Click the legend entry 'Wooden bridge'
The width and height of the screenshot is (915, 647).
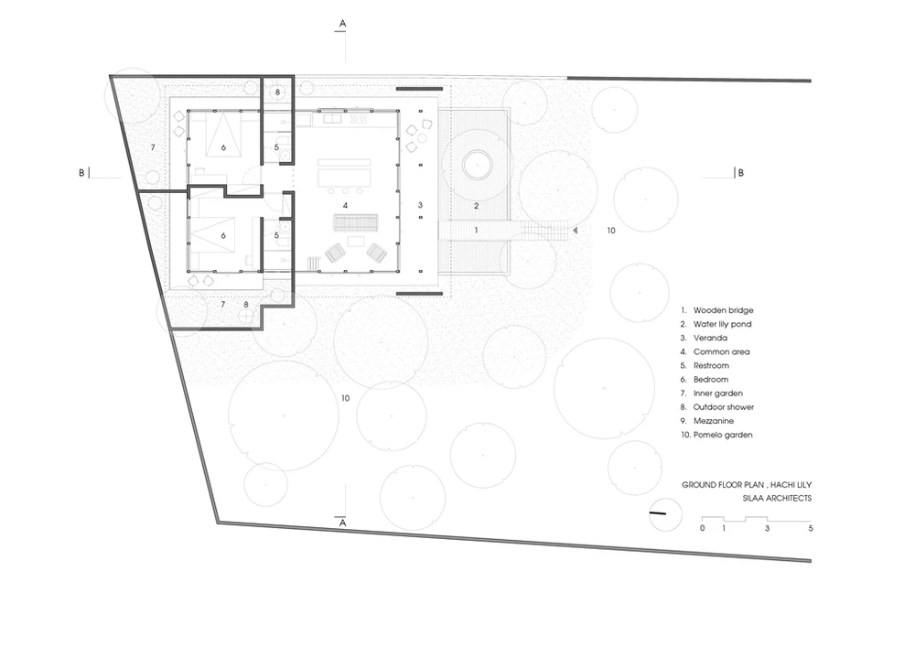pyautogui.click(x=723, y=310)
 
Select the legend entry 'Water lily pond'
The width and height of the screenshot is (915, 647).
pyautogui.click(x=723, y=324)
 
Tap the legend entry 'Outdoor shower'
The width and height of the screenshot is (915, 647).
pyautogui.click(x=724, y=407)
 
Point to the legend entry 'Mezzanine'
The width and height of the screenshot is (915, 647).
pyautogui.click(x=714, y=421)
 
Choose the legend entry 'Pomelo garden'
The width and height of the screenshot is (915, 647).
pyautogui.click(x=723, y=436)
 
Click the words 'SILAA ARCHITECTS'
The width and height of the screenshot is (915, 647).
pyautogui.click(x=777, y=499)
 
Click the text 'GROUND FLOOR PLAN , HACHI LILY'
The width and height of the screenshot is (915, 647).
pyautogui.click(x=747, y=485)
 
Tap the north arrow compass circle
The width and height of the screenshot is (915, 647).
pyautogui.click(x=665, y=515)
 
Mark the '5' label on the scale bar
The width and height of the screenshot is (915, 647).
pyautogui.click(x=811, y=529)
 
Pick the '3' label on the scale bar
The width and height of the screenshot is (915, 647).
pyautogui.click(x=767, y=529)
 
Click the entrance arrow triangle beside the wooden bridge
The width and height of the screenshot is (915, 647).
pyautogui.click(x=575, y=231)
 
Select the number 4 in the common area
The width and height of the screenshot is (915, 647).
pyautogui.click(x=346, y=205)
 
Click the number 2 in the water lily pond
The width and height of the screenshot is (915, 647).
pyautogui.click(x=476, y=206)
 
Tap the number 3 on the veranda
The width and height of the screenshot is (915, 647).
pyautogui.click(x=420, y=205)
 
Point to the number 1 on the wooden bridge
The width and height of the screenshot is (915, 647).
pyautogui.click(x=476, y=231)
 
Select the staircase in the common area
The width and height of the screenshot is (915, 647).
pyautogui.click(x=356, y=223)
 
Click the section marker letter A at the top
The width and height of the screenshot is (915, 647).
pyautogui.click(x=342, y=24)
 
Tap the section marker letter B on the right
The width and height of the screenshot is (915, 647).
pyautogui.click(x=741, y=173)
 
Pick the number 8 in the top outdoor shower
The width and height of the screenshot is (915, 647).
pyautogui.click(x=278, y=92)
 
